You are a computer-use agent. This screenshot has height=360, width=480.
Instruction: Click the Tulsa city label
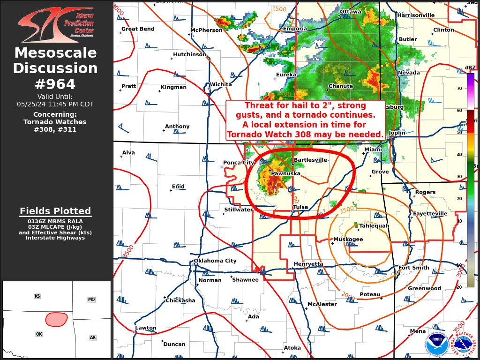[x=300, y=207]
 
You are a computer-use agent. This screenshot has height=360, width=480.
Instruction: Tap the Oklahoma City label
[x=215, y=261]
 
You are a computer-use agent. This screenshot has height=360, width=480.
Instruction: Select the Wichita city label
[x=221, y=85]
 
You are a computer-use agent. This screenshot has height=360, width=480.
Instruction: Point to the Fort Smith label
[x=413, y=268]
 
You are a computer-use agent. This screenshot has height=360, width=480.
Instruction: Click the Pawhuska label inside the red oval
[x=285, y=174]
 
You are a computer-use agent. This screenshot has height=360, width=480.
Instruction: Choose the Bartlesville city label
[x=310, y=160]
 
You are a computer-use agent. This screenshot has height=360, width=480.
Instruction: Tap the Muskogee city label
[x=348, y=240]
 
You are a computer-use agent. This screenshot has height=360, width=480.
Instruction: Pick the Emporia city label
[x=295, y=29]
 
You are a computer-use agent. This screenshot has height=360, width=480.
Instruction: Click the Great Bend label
[x=138, y=29]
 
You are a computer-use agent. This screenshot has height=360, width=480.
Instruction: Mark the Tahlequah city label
[x=374, y=226]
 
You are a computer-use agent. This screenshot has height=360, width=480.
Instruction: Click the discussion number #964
[x=55, y=84]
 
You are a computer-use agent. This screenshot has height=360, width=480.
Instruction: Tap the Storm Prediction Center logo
[x=56, y=24]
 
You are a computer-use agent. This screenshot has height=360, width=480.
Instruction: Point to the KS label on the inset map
[x=37, y=296]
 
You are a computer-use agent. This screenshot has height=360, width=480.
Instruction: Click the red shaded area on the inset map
[x=56, y=319]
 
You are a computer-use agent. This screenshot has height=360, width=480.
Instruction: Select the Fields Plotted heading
[x=55, y=211]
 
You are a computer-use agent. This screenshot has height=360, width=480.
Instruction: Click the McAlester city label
[x=322, y=305]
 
